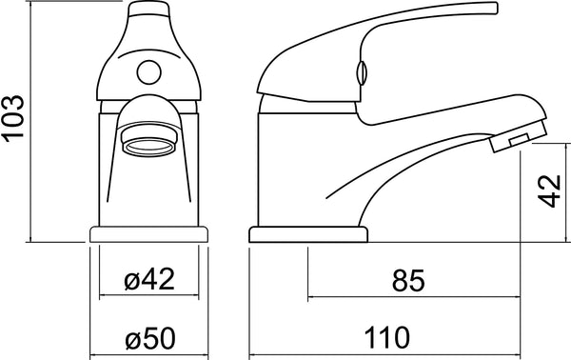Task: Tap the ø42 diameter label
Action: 149,279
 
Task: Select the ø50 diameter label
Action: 150,338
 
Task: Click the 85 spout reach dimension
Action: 408,281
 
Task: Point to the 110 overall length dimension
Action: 386,338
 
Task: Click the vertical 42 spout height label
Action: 549,191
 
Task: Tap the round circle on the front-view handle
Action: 149,72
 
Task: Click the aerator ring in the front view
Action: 148,148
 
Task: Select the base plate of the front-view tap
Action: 149,234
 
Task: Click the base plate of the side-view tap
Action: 308,234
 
